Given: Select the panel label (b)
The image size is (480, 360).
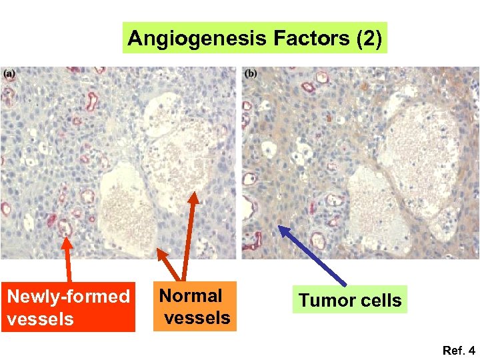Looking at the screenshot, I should coord(251,73).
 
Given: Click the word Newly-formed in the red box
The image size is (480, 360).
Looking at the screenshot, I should coord(68,297).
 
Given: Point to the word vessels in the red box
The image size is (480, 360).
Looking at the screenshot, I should coord(40,319).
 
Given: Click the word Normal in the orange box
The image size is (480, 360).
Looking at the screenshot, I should coord(191,295).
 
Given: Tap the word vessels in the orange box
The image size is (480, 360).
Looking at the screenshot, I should coord(197,317).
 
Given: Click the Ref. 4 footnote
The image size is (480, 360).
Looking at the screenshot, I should coord(458,349).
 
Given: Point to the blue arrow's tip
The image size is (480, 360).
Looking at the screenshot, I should coord(280,227).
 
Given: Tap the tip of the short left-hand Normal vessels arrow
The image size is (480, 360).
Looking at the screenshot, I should coord(159,251).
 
